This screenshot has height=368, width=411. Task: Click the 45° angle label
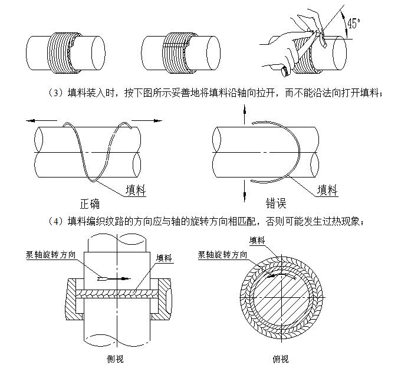354,24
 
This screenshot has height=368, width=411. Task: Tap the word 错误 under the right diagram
274,204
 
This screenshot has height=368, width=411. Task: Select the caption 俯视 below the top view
280,358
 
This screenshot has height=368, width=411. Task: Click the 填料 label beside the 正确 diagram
136,190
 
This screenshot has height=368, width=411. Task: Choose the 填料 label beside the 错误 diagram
327,189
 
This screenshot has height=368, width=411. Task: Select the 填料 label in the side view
165,258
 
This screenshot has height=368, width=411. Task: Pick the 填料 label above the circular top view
257,240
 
